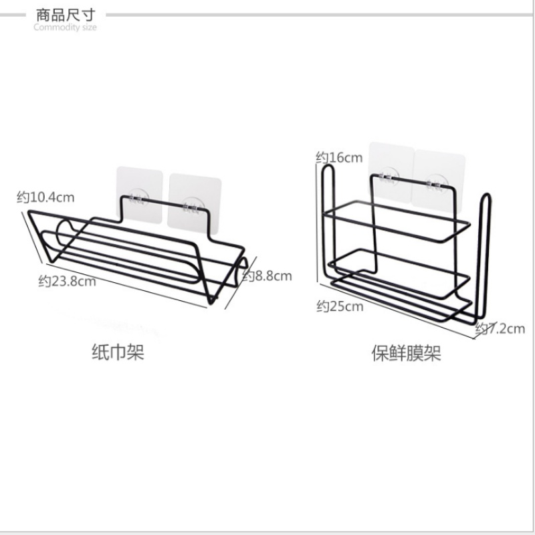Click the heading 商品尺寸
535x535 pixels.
pos(66,15)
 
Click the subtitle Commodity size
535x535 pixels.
pos(65,27)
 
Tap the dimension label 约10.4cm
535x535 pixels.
pos(45,197)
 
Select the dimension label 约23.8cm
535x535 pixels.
pos(67,282)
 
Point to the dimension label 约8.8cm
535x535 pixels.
pos(267,276)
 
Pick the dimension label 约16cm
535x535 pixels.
pos(339,157)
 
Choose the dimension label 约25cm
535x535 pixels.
pos(340,306)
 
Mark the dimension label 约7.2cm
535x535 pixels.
pos(500,328)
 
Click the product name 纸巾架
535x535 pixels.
pos(118,352)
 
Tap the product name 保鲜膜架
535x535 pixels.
pos(406,353)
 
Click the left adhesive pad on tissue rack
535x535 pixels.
pos(140,195)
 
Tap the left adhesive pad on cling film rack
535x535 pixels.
pos(392,173)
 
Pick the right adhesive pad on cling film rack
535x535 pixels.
pos(439,181)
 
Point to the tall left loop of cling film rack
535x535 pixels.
pos(329,222)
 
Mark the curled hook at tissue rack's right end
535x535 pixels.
pos(241,272)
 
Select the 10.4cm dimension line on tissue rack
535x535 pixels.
pos(32,237)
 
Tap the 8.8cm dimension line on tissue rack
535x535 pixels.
pos(241,283)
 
